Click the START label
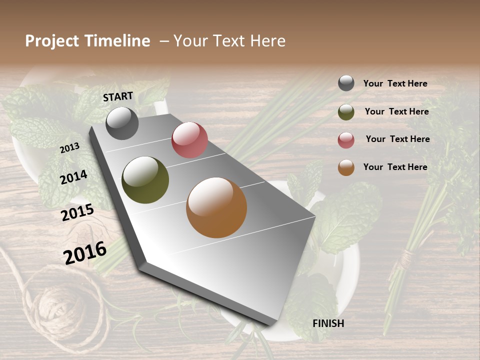click(x=118, y=96)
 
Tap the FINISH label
click(x=328, y=323)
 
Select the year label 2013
click(x=69, y=148)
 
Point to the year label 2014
click(x=73, y=177)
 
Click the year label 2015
click(x=77, y=212)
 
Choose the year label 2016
click(x=85, y=253)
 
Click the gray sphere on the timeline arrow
click(x=122, y=123)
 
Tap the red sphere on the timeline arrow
click(x=189, y=140)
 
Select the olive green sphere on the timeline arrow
click(x=145, y=180)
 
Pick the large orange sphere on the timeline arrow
click(x=216, y=207)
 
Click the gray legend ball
click(x=346, y=83)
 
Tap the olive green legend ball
click(x=346, y=112)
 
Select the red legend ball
click(x=346, y=140)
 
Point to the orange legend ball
click(x=346, y=167)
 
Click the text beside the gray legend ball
click(x=395, y=83)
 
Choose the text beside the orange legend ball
click(x=395, y=167)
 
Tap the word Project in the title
click(x=51, y=41)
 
